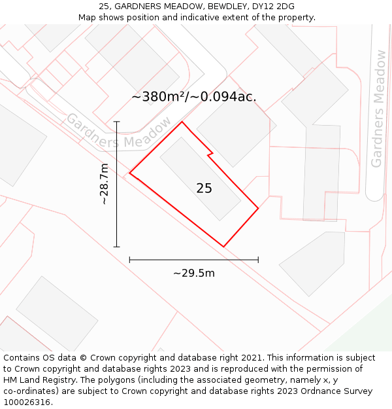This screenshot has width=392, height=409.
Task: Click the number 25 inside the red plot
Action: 204,188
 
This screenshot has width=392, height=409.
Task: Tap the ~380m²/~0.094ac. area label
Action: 194,97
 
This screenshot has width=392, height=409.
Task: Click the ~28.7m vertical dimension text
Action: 104,184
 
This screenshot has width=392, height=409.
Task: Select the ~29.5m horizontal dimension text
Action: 193,273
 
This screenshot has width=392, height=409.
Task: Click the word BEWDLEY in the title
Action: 230,7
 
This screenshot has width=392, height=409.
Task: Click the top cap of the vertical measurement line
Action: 117,122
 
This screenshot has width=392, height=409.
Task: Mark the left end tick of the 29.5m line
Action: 130,260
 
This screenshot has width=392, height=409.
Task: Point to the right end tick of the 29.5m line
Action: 258,260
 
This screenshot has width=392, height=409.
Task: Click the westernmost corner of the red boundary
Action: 130,173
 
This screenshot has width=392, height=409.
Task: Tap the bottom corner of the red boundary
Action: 223,247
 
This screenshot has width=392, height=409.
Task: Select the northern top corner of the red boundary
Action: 182,122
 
